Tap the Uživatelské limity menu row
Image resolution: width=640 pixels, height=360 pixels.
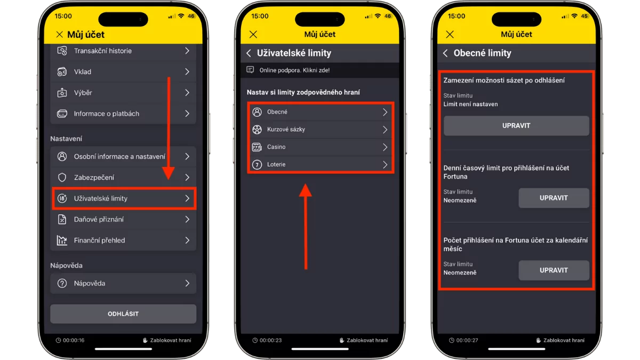click(x=123, y=198)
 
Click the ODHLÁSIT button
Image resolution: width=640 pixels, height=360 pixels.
click(x=123, y=314)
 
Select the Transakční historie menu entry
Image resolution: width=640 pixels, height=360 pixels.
click(x=123, y=51)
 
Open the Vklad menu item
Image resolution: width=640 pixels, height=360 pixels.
click(x=123, y=71)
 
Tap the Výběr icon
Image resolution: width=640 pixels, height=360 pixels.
click(x=62, y=93)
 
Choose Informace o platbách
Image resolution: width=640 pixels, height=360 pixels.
click(x=123, y=114)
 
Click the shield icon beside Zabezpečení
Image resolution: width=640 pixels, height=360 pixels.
click(x=62, y=178)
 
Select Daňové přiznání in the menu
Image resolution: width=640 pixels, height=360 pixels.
click(x=123, y=219)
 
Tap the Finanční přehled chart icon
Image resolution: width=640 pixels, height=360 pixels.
click(x=62, y=241)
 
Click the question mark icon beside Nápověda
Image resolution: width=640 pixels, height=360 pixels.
click(x=62, y=283)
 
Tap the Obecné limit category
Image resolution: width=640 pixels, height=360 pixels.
click(x=321, y=112)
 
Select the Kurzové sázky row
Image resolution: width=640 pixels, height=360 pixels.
click(x=321, y=130)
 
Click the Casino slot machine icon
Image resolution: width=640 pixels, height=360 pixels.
click(x=257, y=147)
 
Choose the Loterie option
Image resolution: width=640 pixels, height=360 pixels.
click(x=321, y=165)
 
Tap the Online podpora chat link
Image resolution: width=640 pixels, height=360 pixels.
click(x=294, y=70)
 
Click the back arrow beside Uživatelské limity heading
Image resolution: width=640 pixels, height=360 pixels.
click(x=249, y=53)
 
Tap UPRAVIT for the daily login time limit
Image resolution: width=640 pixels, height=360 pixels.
click(x=554, y=198)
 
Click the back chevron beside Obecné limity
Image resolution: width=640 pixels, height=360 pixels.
click(x=445, y=53)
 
